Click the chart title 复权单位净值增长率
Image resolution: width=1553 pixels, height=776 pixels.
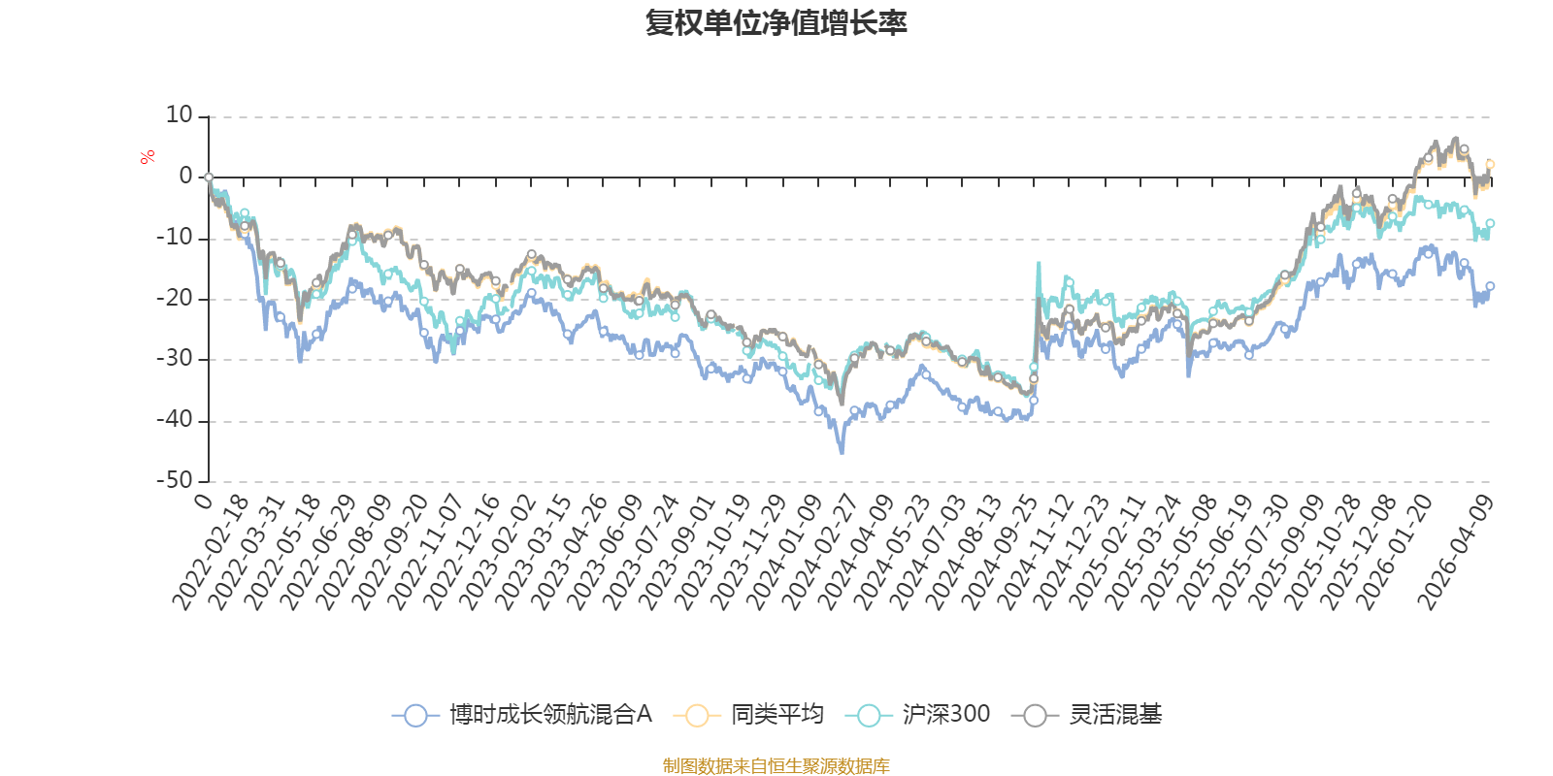click(x=776, y=23)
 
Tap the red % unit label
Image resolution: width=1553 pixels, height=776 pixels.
click(x=148, y=157)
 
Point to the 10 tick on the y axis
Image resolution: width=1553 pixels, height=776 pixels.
click(x=180, y=115)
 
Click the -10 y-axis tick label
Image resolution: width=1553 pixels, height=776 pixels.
click(x=175, y=238)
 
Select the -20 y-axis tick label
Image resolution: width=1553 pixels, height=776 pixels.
click(x=175, y=299)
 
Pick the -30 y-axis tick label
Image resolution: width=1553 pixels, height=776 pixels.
click(x=175, y=359)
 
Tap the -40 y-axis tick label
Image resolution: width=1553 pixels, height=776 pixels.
click(x=175, y=420)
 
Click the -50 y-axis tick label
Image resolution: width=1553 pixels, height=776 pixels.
click(x=175, y=480)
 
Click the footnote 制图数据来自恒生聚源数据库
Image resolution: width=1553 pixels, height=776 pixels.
click(x=776, y=766)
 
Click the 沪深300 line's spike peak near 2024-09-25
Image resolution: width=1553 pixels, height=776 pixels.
click(x=1039, y=263)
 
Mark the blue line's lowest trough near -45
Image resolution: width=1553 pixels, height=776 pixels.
click(x=842, y=452)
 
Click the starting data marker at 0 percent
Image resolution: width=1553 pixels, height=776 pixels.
click(x=209, y=178)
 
